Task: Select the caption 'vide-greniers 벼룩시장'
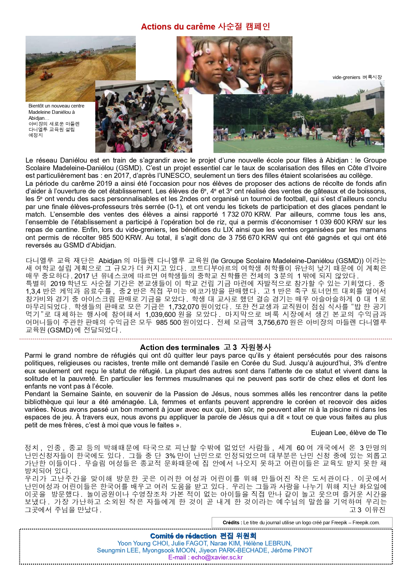[357, 77]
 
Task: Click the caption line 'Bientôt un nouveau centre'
[56, 106]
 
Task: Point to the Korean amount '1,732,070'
[184, 307]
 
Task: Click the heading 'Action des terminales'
[180, 347]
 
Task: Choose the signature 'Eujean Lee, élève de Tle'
[349, 433]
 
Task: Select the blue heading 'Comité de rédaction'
[183, 536]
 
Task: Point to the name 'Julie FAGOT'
[190, 543]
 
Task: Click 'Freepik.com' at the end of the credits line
[366, 522]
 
